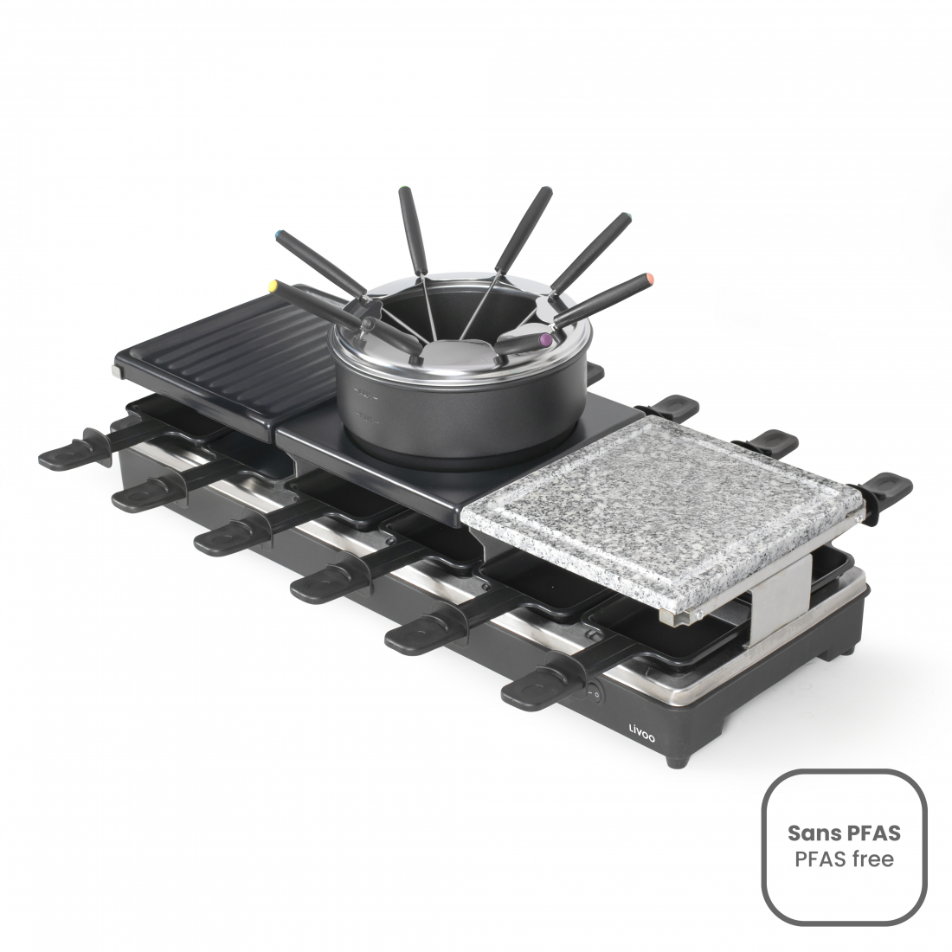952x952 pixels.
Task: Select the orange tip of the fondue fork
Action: coord(648,279)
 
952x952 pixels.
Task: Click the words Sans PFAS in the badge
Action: coord(844,833)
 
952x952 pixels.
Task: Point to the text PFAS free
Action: coord(844,859)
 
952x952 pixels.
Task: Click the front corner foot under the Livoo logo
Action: coord(672,762)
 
